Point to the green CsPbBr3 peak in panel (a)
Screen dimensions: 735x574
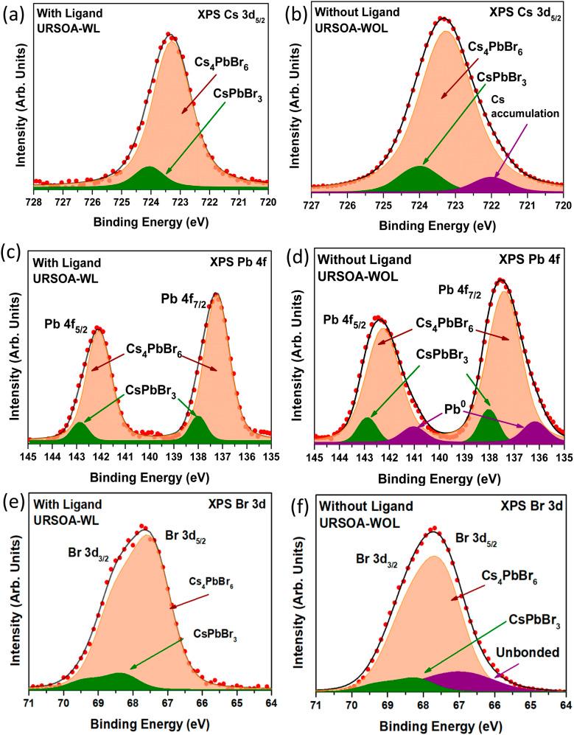pyautogui.click(x=150, y=177)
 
